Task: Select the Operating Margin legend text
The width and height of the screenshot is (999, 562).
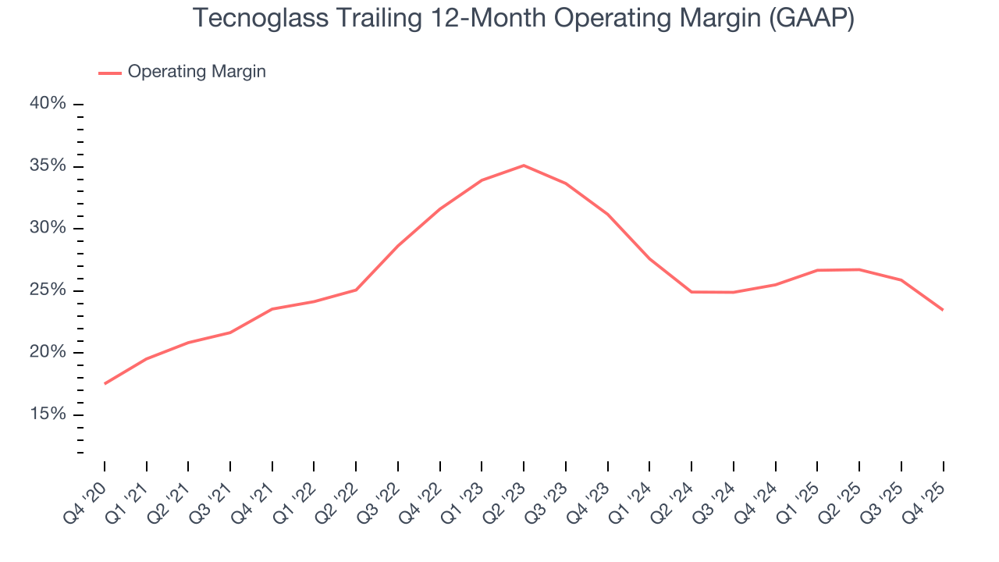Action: point(197,72)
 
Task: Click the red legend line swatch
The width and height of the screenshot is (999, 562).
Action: point(109,73)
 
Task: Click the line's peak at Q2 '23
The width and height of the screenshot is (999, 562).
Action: point(524,165)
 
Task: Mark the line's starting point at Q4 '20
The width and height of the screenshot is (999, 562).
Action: point(105,383)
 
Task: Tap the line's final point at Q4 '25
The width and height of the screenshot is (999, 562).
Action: point(943,310)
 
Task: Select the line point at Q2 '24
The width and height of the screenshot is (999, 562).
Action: point(691,292)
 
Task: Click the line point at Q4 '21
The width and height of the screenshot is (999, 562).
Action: point(272,309)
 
